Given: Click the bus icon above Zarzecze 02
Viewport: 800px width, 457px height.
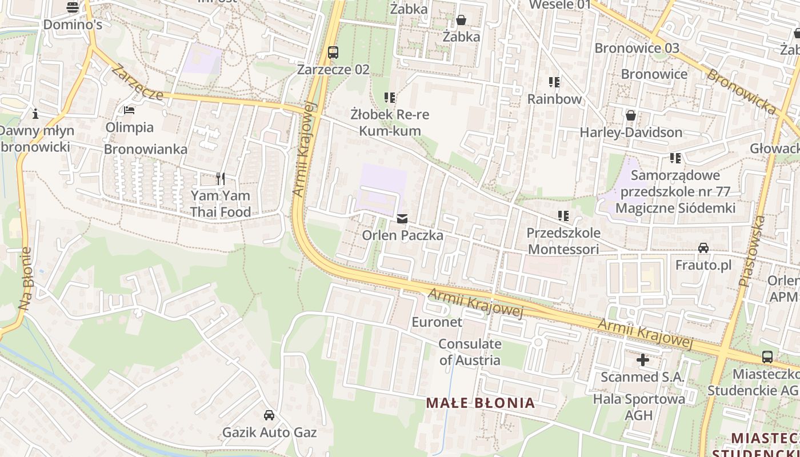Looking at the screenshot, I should coord(333,53).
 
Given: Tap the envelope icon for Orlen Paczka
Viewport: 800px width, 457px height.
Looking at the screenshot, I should coord(402,218).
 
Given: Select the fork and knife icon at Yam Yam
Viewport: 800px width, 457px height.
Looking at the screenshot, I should coord(221,179).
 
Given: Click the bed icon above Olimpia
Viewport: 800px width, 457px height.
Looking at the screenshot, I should coord(129,110).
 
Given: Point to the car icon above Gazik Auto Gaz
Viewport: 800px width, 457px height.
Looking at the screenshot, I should coord(269,415).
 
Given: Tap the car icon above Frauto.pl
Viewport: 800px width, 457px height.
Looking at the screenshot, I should coord(703,248).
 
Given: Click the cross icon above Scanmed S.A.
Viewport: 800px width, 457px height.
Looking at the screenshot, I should coord(643,360).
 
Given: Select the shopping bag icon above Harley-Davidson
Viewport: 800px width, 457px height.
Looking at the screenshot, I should coord(631,115).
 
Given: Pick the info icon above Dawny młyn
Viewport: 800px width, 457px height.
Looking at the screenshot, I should coord(35,114).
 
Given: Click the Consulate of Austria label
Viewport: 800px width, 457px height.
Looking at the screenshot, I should coord(470,352).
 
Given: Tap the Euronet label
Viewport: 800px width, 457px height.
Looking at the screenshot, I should coord(437,322).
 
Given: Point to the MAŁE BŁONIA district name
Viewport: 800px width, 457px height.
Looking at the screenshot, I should coord(481,403).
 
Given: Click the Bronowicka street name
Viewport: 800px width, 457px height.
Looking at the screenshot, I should coord(741,91).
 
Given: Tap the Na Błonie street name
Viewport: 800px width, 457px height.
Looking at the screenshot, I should coord(25,279).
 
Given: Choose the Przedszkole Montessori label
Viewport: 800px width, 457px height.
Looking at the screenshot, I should coord(563,241).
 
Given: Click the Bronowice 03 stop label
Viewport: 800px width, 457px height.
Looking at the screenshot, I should coord(637,48).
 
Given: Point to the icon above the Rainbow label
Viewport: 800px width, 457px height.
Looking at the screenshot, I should coord(554,82).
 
